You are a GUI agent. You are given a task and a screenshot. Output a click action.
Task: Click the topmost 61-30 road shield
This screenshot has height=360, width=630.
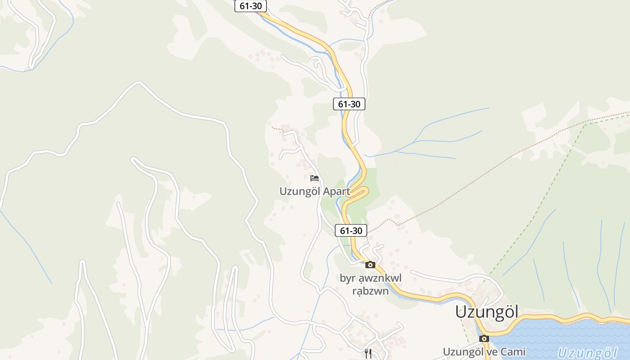tap(251, 6)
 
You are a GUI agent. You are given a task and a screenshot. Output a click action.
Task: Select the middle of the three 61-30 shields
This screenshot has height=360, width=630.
tap(349, 104)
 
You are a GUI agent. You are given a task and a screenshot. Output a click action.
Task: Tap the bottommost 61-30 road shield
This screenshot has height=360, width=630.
tap(351, 231)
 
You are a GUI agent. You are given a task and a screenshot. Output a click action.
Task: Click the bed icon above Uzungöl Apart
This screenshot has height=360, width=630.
tap(315, 178)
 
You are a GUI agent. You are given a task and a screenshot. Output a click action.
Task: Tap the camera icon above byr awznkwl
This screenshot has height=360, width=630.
tap(370, 265)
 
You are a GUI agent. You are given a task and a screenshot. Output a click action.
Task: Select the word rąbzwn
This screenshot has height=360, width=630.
tap(370, 291)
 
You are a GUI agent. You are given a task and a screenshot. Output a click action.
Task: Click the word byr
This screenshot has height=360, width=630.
tap(347, 279)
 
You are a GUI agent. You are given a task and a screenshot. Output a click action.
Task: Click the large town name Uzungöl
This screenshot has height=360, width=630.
tap(487, 311)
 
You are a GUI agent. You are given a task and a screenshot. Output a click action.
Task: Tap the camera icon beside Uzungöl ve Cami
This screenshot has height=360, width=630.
tap(484, 338)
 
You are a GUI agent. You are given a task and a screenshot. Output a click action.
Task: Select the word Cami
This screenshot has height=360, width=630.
tap(513, 351)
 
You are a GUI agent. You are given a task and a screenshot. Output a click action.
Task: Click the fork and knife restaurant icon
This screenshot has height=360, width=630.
tap(369, 354)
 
